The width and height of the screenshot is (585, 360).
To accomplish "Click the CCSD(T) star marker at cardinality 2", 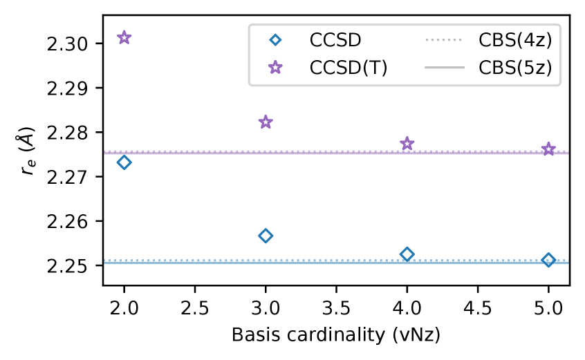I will [x=124, y=37].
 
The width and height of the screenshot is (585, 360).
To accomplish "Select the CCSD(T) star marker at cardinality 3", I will [x=266, y=122].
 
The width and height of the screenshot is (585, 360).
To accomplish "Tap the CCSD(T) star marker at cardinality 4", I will [x=407, y=144].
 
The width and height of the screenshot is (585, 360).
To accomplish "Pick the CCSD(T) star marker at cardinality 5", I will [x=549, y=149].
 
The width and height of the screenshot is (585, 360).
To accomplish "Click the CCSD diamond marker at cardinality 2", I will [x=124, y=162].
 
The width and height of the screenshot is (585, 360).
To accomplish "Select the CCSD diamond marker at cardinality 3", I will [x=266, y=236].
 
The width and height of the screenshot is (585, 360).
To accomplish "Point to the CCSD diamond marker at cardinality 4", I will [x=407, y=254].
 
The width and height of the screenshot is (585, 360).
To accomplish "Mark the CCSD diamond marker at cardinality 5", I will [x=549, y=260].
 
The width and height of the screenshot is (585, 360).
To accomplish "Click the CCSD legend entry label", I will [x=335, y=39].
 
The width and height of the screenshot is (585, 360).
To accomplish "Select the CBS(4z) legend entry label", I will [x=515, y=39].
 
